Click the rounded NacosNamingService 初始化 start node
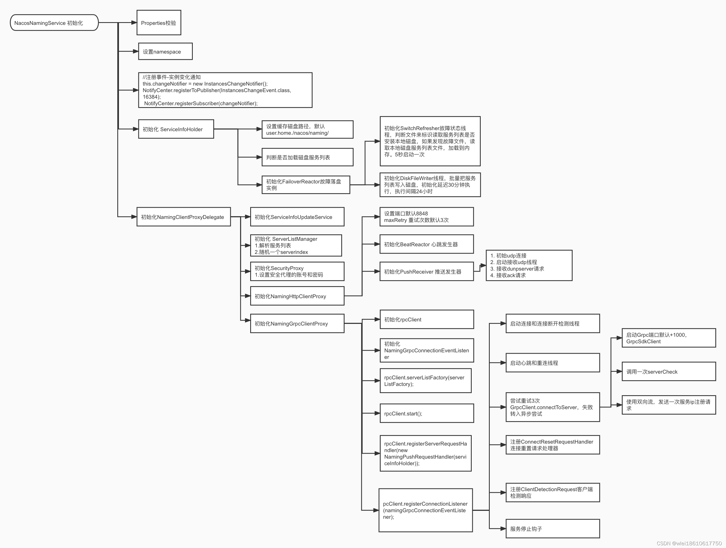[54, 23]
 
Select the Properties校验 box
[159, 23]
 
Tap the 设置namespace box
[165, 51]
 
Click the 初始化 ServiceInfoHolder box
[176, 129]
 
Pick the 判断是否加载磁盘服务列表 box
[307, 157]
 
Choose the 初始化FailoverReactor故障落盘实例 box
[305, 185]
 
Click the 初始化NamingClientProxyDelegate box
[183, 217]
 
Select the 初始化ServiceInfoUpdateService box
[297, 217]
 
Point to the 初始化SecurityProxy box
[297, 271]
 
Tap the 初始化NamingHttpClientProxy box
[297, 296]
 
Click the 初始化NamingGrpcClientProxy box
[297, 324]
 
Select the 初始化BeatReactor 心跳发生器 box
[426, 244]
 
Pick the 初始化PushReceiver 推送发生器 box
[426, 271]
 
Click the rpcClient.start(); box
[426, 414]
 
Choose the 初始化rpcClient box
[426, 319]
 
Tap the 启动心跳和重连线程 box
[552, 363]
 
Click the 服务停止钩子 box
[552, 529]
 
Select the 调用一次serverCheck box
[669, 371]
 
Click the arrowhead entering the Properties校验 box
[134, 23]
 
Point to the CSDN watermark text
[689, 543]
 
